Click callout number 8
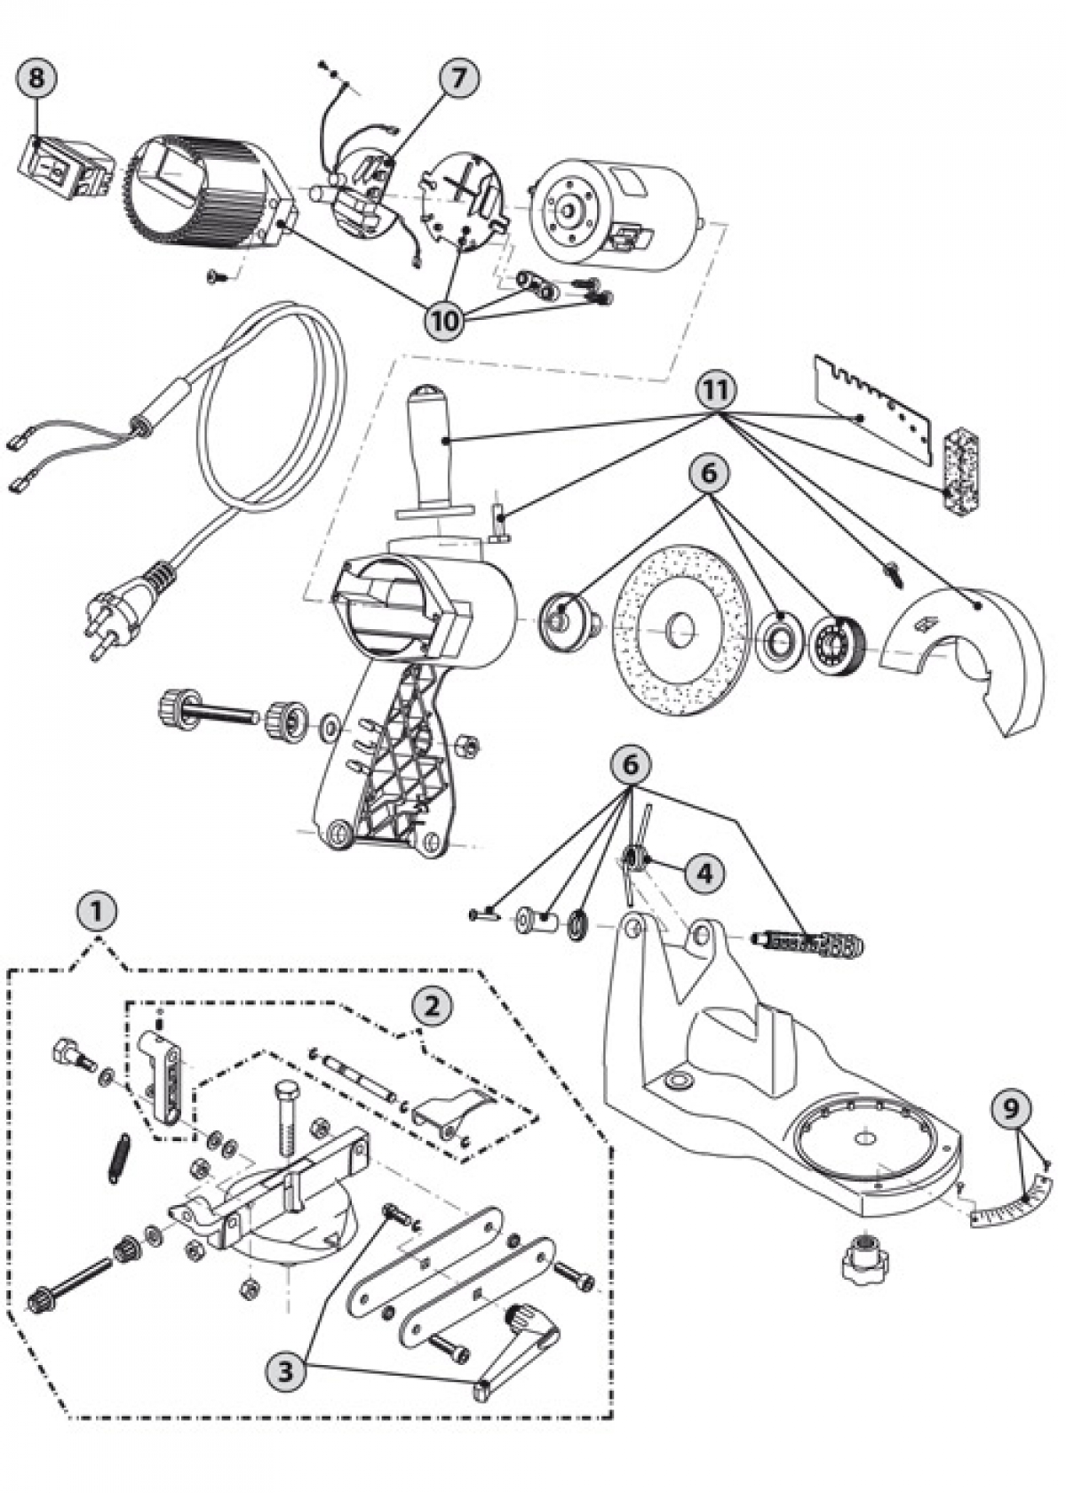36,77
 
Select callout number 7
457,78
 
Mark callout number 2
431,1006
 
